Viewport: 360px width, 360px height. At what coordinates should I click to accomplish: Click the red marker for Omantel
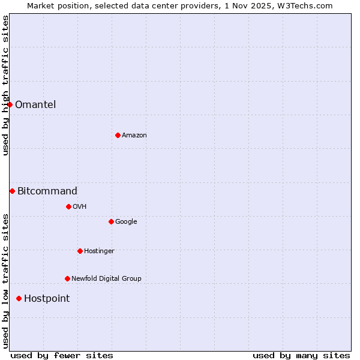click(x=10, y=104)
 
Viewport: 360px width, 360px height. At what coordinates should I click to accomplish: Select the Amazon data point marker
click(x=118, y=135)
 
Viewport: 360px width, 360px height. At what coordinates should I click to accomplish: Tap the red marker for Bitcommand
click(x=12, y=191)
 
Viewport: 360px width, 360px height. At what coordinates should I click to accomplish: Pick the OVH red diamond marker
click(x=68, y=206)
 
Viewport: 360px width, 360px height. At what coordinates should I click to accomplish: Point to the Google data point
click(x=111, y=221)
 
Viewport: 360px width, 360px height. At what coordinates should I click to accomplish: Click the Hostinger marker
click(x=80, y=251)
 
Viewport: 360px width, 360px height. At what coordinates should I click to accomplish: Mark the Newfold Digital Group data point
click(x=67, y=278)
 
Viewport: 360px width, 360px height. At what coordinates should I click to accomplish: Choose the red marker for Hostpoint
click(x=19, y=298)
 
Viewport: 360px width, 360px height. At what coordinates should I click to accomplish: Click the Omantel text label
click(x=35, y=104)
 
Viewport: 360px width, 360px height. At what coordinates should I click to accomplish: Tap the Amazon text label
click(x=134, y=135)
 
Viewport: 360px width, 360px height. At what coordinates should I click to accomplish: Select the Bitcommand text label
click(x=47, y=191)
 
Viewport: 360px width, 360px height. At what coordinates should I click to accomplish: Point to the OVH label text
click(x=80, y=206)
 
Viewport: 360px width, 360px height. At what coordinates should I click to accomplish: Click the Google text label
click(x=126, y=221)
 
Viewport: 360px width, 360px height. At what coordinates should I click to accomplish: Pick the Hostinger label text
click(x=99, y=251)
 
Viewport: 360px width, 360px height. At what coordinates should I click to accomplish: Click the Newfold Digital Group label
click(x=106, y=278)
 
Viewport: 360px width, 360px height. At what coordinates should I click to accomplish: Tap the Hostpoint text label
click(x=47, y=298)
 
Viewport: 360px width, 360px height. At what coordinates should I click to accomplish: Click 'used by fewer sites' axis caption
click(x=62, y=355)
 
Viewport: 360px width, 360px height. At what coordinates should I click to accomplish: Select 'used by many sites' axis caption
click(x=301, y=355)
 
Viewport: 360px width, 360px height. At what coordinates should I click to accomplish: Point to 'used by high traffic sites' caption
click(x=5, y=85)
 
